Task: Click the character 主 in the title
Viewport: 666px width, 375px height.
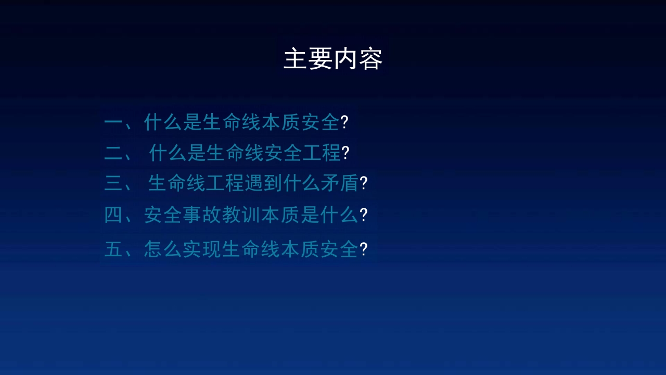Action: (x=295, y=59)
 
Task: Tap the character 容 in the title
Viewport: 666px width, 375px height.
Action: (x=370, y=59)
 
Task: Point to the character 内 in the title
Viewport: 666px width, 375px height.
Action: (x=345, y=59)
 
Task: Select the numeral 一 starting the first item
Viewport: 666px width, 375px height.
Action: (x=113, y=122)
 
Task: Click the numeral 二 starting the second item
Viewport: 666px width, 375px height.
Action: (x=113, y=153)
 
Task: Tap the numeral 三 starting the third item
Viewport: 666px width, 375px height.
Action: (x=113, y=183)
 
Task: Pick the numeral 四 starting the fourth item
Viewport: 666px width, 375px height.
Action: (x=113, y=215)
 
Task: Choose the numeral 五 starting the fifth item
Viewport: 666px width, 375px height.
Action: (x=113, y=249)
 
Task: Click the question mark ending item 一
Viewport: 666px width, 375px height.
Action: (x=344, y=122)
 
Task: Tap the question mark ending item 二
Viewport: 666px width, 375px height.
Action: (x=345, y=153)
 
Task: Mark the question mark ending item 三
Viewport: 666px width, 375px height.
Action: (x=364, y=183)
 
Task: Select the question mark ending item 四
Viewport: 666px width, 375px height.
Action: (x=364, y=215)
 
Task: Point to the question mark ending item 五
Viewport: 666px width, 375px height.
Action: (x=364, y=249)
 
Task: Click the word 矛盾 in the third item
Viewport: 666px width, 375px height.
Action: (x=340, y=183)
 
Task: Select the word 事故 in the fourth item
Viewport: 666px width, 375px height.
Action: (x=201, y=215)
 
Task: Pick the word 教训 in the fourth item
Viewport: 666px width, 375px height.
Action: (x=240, y=215)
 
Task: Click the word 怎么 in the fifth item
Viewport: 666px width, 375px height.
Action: (x=163, y=249)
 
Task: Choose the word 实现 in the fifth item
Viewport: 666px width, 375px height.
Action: (x=201, y=249)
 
